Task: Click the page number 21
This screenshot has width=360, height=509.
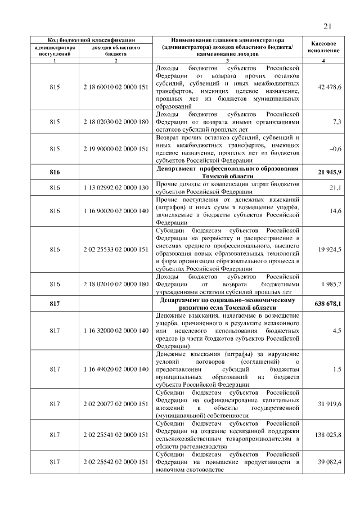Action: pos(328,26)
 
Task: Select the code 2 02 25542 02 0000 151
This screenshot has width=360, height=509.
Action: pos(115,462)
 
